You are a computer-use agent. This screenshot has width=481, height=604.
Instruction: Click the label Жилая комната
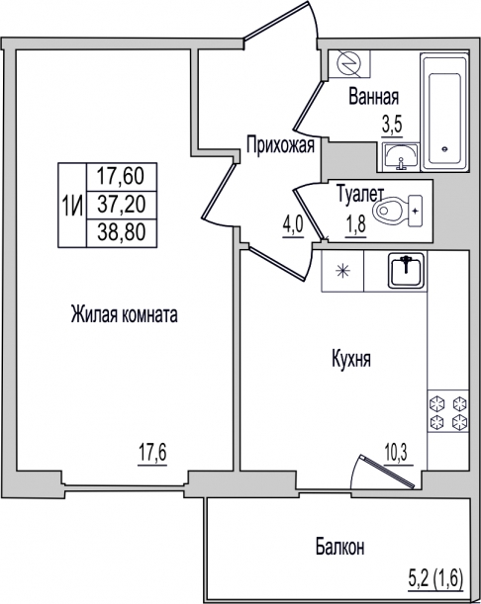pos(124,314)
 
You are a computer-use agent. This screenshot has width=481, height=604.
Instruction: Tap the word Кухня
pos(351,360)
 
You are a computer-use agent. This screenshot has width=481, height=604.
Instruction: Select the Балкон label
pos(339,547)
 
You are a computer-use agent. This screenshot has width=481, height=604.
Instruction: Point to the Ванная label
pos(373,97)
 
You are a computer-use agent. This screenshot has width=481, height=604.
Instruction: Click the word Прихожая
pos(280,145)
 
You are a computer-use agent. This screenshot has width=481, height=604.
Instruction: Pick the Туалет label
pos(360,195)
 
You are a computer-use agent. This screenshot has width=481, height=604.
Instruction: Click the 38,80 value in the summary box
pos(121,232)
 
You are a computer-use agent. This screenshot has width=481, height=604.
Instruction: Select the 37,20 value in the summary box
pos(121,204)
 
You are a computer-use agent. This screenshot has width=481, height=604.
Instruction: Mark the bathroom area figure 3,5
pos(392,125)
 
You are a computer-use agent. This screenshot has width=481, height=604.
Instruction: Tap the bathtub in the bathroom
pos(444,113)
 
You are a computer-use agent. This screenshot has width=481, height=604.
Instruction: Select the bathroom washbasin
pos(401,155)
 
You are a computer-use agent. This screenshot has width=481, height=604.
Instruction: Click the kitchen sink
pos(406,271)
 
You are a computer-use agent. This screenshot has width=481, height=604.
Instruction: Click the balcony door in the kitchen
pos(387,472)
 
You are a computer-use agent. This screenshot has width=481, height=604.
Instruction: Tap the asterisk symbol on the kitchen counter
pos(342,271)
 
